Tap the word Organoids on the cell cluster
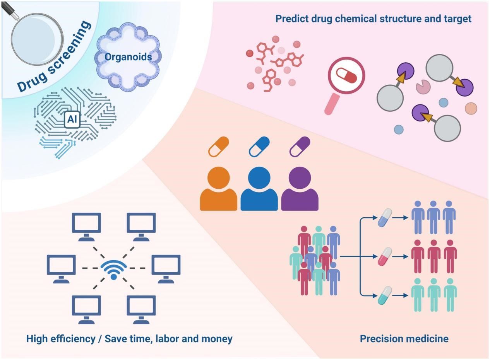point(128,57)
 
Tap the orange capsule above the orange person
point(218,147)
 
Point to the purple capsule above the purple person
point(300,147)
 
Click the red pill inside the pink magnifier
point(347,75)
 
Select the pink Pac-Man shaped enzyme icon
point(423,87)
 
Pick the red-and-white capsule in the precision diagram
point(385,256)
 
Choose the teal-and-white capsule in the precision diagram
point(385,295)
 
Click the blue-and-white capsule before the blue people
point(385,218)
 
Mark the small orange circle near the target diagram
point(471,108)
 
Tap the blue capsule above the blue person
point(259,147)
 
